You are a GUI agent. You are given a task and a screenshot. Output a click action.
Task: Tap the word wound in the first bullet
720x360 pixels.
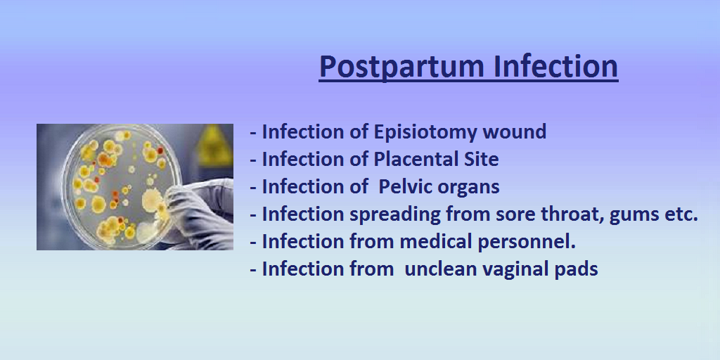click(516, 132)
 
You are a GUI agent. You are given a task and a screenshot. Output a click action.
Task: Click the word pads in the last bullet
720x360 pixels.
click(579, 269)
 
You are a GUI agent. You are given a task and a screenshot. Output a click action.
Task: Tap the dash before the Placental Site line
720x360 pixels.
click(253, 160)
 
